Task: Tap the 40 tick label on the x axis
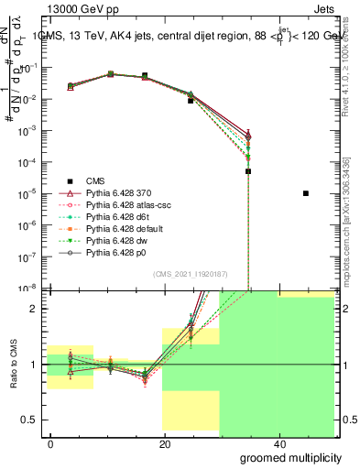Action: tap(278, 444)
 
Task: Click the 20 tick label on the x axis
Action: tap(165, 444)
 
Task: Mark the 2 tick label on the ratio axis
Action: tap(38, 309)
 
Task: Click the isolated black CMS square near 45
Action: tap(306, 193)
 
